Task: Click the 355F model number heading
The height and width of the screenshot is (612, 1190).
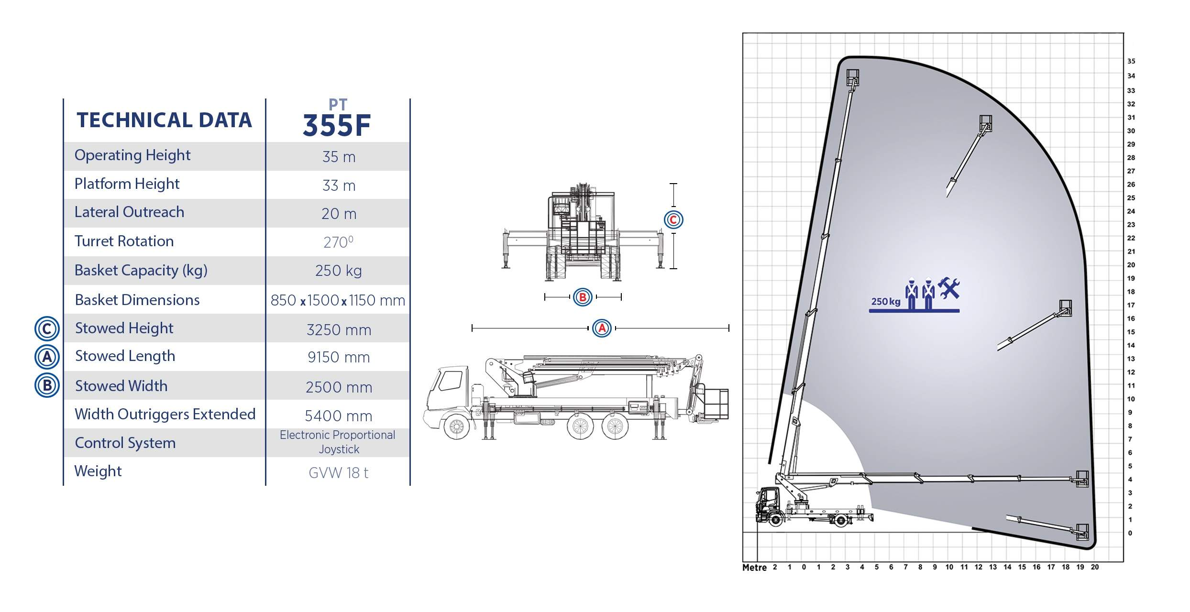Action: [x=337, y=125]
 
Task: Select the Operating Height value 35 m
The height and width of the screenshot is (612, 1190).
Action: [x=339, y=157]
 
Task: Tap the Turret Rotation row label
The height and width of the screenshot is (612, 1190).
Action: [x=124, y=241]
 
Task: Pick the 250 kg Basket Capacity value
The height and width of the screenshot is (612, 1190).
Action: [x=339, y=271]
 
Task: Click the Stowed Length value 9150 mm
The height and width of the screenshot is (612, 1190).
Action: [x=339, y=357]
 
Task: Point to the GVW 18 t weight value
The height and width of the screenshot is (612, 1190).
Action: [x=339, y=473]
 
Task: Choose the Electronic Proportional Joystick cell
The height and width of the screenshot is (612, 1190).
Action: [x=338, y=442]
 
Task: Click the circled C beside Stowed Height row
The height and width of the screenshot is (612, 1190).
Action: [x=47, y=329]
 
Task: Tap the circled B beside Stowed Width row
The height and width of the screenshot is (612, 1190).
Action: [x=47, y=385]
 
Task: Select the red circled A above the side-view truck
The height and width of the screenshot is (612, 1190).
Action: [x=602, y=328]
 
